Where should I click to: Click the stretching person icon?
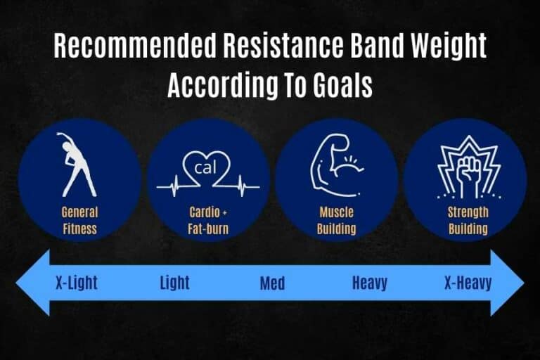tap(78, 166)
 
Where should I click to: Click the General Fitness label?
tap(79, 219)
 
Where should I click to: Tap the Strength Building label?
tap(465, 219)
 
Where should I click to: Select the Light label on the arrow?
tap(174, 283)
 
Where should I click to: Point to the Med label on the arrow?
tap(272, 283)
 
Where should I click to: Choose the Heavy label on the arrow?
tap(371, 283)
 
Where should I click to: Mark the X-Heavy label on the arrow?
tap(468, 283)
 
